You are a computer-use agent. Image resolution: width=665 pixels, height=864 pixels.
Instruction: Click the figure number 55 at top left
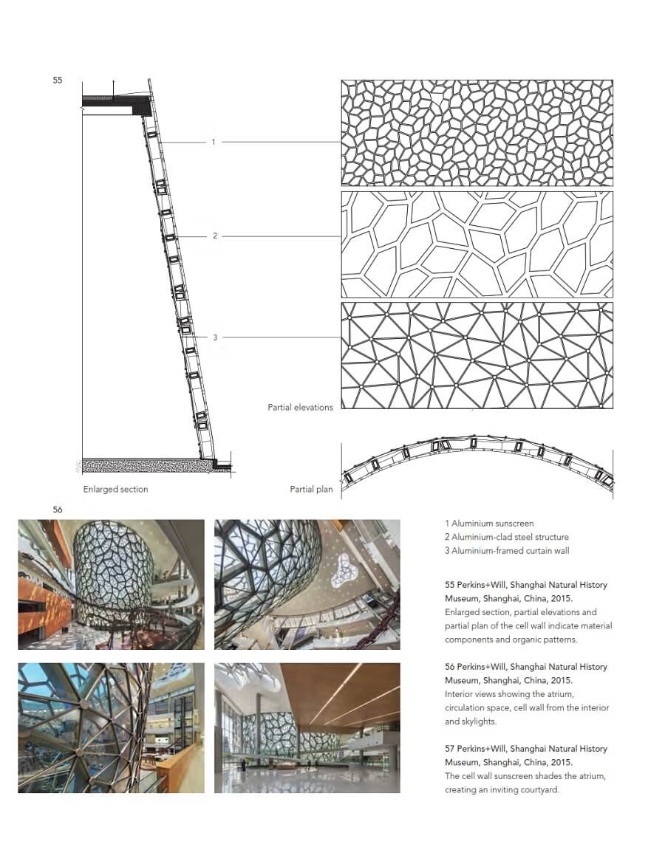pos(58,80)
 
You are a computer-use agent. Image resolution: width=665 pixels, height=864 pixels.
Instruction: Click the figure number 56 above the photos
pos(58,510)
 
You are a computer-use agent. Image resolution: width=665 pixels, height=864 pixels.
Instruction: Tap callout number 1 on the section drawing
pos(214,142)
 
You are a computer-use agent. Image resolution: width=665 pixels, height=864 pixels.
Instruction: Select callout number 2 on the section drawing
pos(215,236)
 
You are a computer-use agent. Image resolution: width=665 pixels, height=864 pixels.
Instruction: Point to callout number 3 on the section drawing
pos(215,337)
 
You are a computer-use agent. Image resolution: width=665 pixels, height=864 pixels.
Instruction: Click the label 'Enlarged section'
pos(115,489)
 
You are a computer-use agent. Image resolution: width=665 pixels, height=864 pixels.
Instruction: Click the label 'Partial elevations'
pos(300,407)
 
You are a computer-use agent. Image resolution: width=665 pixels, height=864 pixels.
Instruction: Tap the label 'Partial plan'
pos(311,489)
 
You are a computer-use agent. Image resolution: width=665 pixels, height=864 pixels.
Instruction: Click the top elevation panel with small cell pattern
pos(477,133)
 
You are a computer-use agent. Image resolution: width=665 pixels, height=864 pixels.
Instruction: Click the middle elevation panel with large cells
pos(477,244)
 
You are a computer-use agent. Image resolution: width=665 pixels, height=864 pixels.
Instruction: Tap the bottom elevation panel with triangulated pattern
pos(477,355)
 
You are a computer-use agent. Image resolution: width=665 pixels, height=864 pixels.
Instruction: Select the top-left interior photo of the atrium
pos(111,584)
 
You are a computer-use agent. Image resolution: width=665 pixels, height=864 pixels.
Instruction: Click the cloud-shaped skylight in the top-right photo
pos(346,571)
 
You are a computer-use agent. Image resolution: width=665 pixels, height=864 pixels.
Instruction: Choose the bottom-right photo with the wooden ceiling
pos(307,727)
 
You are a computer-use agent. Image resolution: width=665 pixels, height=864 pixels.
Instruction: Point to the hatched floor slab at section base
pos(144,466)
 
